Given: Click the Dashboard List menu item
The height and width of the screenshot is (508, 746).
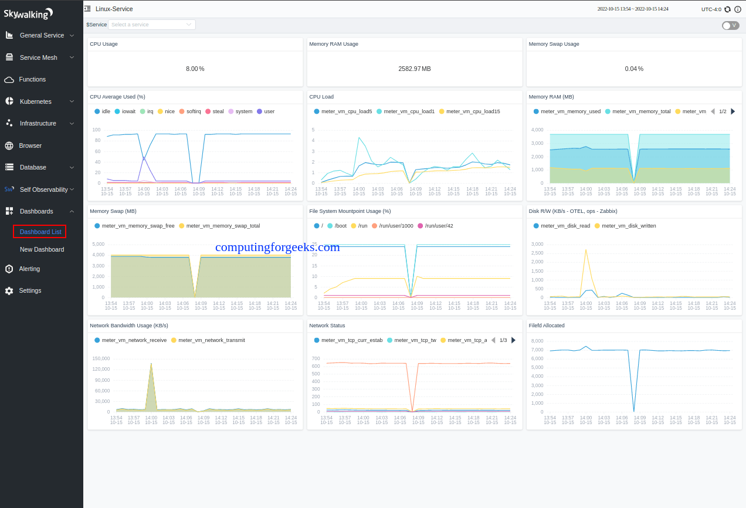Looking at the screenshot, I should tap(40, 232).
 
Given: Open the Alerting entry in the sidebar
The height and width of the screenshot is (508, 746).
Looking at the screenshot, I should tap(29, 269).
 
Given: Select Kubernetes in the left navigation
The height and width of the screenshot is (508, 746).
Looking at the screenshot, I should tap(35, 101).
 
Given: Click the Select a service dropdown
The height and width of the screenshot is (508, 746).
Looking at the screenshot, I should tap(151, 25).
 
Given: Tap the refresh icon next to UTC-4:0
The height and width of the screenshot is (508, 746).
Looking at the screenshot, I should tap(728, 9).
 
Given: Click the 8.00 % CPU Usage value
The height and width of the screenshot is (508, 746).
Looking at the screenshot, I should tap(195, 69).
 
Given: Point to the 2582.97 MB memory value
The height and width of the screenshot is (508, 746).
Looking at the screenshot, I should tap(414, 69).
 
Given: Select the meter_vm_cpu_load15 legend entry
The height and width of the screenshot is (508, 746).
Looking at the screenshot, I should tap(469, 111).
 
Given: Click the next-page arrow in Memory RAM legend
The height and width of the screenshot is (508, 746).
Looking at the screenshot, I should tap(733, 111).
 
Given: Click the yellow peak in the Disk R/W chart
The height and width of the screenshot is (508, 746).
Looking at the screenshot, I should tap(585, 250).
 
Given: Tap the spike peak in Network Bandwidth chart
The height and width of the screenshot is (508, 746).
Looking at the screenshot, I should tap(151, 364).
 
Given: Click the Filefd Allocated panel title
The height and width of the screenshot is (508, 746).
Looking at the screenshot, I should tap(547, 326).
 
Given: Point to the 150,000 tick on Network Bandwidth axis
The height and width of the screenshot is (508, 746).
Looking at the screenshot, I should tap(101, 358).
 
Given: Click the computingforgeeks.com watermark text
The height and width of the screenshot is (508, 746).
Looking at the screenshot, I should tap(277, 247).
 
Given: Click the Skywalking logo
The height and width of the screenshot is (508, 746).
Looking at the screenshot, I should tap(28, 13).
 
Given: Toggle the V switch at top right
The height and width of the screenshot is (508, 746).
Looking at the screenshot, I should tap(730, 25).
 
